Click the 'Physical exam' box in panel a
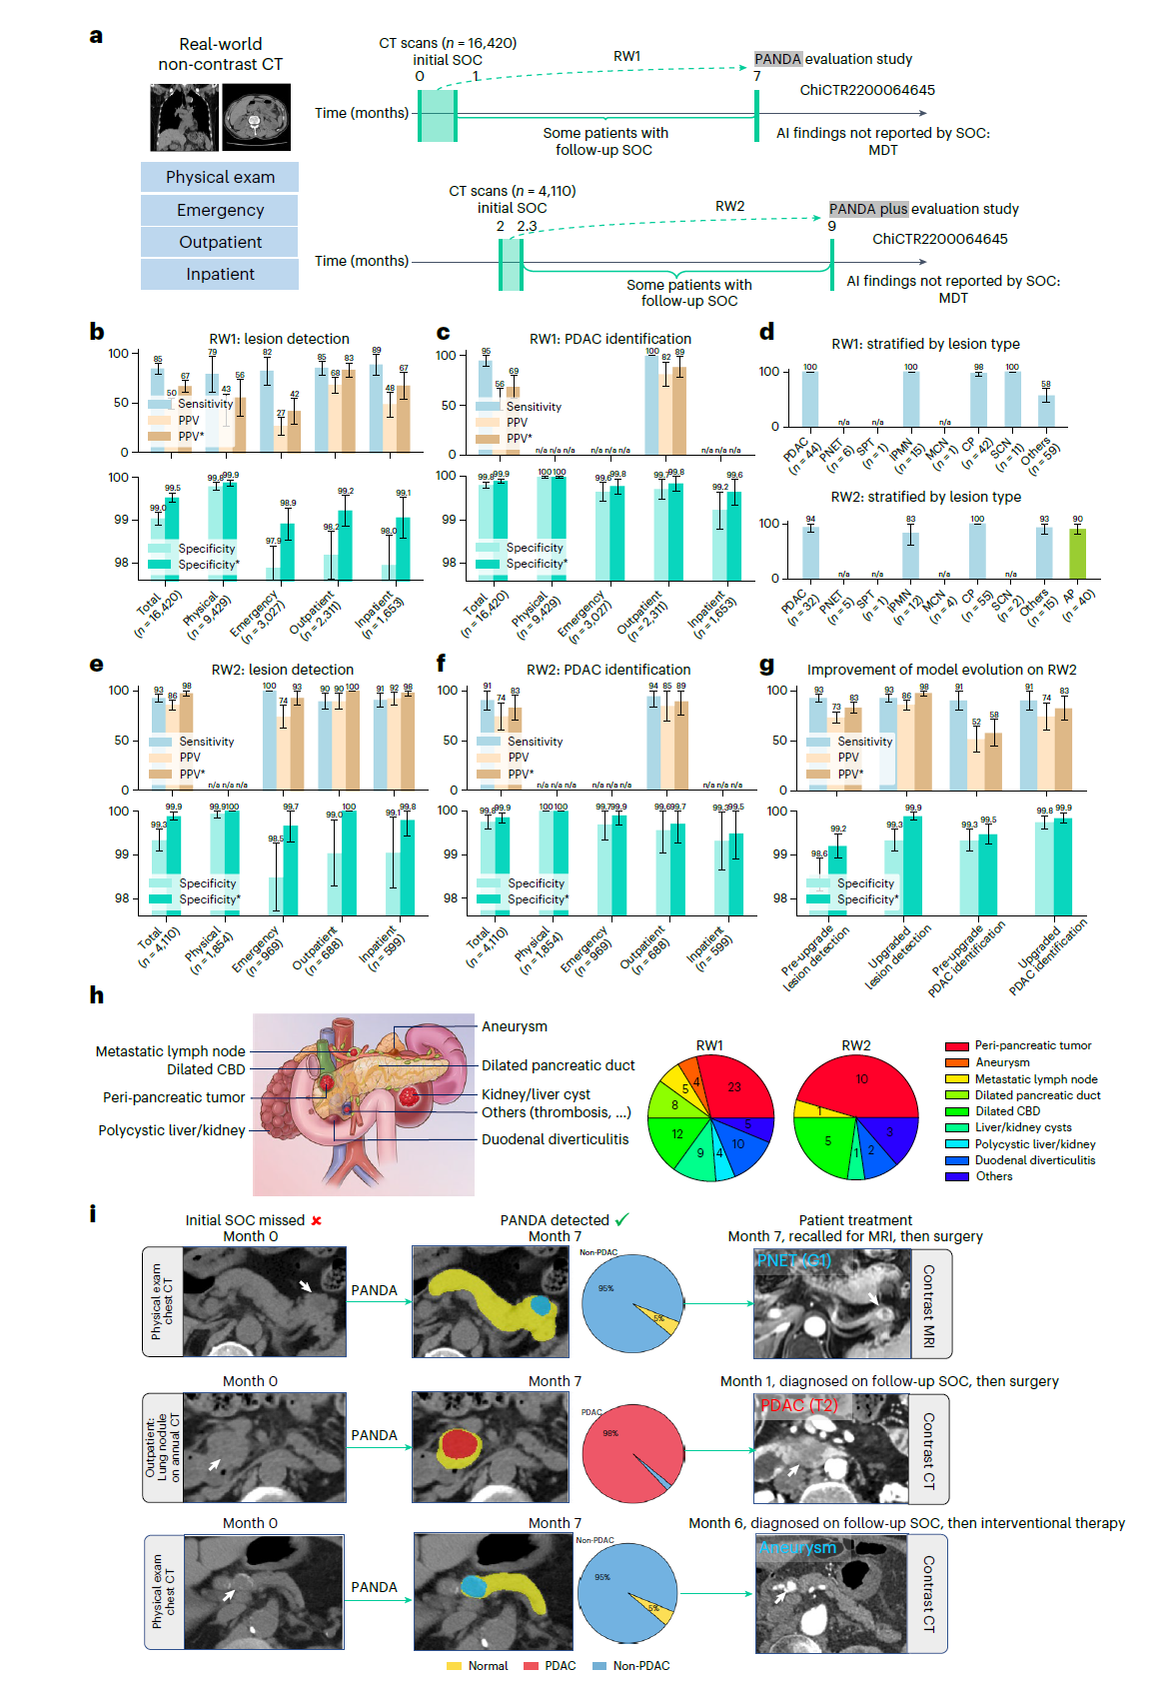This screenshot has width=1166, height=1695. [220, 177]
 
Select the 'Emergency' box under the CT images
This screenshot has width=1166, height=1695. [220, 210]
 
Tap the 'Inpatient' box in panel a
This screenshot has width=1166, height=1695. [220, 274]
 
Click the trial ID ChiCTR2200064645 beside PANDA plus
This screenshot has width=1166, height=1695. [939, 239]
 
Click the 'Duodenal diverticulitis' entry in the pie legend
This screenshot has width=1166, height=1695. [1034, 1160]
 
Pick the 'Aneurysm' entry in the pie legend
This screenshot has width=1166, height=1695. [1001, 1062]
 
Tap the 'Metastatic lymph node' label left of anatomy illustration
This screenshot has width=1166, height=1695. [170, 1051]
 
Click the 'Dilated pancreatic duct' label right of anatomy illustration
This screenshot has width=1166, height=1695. [558, 1065]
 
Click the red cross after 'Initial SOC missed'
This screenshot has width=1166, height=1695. [317, 1220]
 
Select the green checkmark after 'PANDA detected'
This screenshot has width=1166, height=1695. [622, 1219]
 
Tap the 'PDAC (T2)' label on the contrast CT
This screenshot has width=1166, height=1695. [799, 1405]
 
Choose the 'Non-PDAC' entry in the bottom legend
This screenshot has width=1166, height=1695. [640, 1666]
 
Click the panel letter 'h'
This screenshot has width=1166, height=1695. [96, 995]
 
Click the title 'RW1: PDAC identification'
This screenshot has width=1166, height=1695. [609, 339]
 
